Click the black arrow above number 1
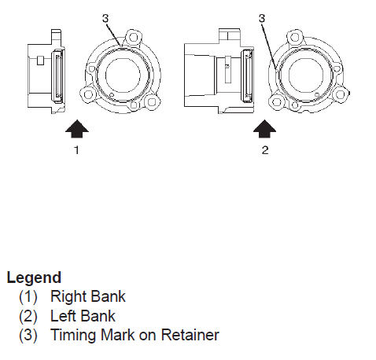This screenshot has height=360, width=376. tap(77, 128)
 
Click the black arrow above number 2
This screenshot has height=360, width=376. tap(264, 128)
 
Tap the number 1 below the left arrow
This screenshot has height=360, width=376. tap(76, 150)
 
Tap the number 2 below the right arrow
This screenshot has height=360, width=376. tap(265, 150)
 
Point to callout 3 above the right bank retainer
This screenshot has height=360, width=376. tap(105, 18)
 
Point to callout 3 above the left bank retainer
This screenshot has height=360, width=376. tap(262, 18)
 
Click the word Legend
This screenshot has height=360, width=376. tap(34, 277)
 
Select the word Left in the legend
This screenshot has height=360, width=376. tap(63, 316)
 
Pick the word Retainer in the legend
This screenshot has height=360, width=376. tap(190, 335)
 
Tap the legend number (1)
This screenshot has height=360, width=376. tap(28, 297)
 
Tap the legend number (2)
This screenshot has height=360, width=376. tap(28, 317)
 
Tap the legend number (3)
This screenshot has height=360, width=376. tap(28, 336)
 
